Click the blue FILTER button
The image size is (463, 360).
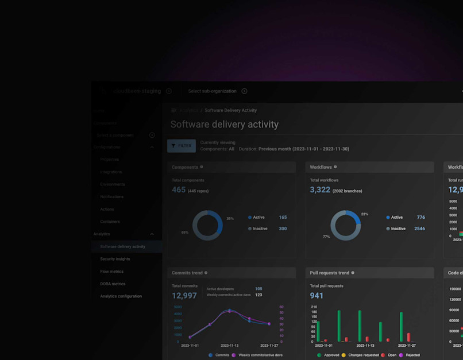coord(182,146)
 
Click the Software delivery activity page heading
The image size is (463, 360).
coord(224,125)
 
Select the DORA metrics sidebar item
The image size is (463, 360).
coord(113,284)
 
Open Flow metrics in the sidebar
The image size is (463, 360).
coord(112,272)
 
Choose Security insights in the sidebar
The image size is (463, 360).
coord(115,259)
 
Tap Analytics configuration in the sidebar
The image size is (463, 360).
coord(121,296)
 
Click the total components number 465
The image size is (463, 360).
coord(179,190)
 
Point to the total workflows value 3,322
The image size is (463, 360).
coord(320,190)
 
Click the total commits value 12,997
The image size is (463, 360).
coord(184,296)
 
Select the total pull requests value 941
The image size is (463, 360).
coord(317,296)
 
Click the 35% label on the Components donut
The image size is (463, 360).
coord(230,218)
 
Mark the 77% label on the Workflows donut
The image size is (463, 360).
coord(326,237)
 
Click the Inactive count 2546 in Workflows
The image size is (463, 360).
coord(419,229)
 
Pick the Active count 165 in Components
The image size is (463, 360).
coord(283,217)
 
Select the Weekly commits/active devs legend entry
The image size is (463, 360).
coord(260,355)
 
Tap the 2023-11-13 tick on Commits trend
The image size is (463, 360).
coord(230,346)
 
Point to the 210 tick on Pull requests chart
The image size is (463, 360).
coord(314,307)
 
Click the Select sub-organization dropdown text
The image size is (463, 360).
coord(212,91)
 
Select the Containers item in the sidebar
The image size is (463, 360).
coord(110,222)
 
